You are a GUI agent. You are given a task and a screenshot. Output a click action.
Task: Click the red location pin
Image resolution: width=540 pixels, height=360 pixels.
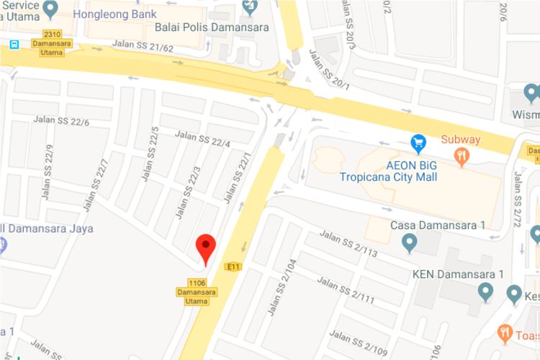click(207, 248)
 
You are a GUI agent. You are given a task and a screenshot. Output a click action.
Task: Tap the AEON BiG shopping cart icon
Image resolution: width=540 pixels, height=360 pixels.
click(418, 144)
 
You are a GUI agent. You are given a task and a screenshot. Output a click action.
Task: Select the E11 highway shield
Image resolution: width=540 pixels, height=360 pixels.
click(232, 267)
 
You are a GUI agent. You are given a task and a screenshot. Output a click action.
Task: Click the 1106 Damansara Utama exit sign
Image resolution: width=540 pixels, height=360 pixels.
click(192, 292)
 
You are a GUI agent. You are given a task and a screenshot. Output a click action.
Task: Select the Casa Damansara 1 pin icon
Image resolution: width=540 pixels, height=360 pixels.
click(410, 243)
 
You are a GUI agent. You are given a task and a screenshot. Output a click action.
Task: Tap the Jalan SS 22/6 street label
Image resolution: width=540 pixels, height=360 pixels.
click(61, 122)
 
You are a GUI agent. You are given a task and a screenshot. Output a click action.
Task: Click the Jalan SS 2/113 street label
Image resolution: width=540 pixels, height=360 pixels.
click(348, 243)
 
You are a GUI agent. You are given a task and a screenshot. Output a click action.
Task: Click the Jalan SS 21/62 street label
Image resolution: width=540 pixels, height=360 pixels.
click(143, 46)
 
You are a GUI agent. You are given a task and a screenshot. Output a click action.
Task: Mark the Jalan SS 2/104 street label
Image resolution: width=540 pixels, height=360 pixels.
click(283, 289)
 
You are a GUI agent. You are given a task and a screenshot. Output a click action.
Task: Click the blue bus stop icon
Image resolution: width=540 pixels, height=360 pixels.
click(14, 45)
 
